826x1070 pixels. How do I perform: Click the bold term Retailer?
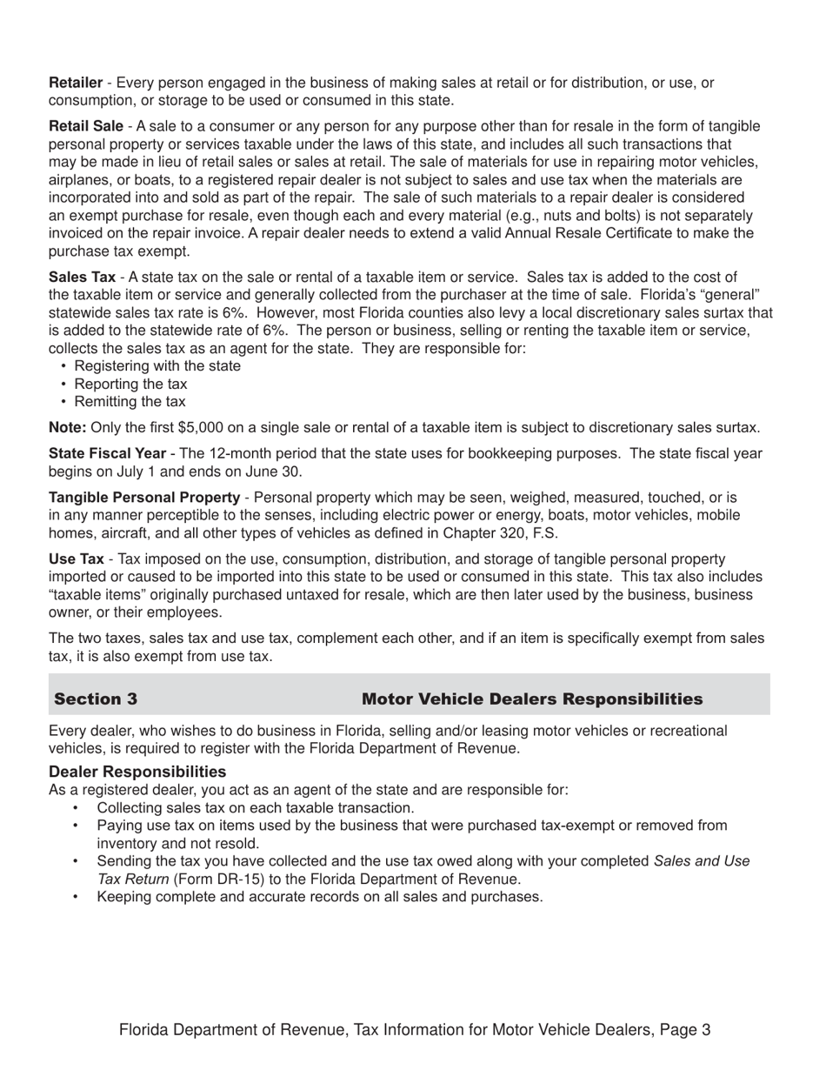click(76, 83)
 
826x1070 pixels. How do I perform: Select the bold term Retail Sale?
click(86, 126)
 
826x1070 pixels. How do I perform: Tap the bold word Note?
click(68, 427)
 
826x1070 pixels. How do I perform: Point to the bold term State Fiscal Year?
click(108, 453)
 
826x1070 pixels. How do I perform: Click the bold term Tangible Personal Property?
click(144, 497)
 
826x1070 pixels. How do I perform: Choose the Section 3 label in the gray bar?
click(96, 699)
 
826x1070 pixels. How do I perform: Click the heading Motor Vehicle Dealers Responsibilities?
click(532, 699)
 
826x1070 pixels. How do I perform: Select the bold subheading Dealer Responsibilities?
click(137, 772)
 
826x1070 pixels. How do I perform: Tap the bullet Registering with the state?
click(157, 365)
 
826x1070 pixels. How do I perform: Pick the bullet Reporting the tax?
click(130, 384)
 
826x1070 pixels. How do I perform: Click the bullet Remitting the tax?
click(130, 401)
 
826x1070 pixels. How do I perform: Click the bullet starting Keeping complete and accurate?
click(320, 896)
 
